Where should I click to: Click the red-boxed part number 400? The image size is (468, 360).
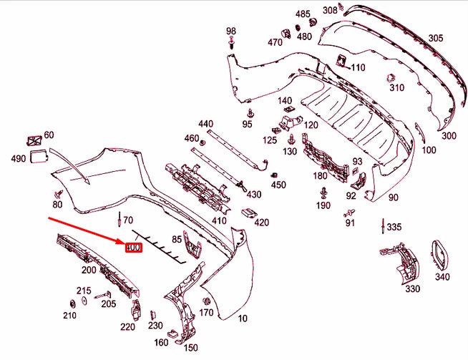click(134, 248)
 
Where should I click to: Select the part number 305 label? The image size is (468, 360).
click(435, 38)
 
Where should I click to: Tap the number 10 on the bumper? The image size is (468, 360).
click(243, 318)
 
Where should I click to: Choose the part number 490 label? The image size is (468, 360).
click(17, 158)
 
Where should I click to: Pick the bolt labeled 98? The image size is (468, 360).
click(231, 44)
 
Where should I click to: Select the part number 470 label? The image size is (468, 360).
click(276, 42)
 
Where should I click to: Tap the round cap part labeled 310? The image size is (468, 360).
click(391, 77)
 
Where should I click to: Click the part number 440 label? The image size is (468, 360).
click(206, 125)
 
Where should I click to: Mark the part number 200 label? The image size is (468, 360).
click(89, 271)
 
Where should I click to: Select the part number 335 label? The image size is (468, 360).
click(394, 228)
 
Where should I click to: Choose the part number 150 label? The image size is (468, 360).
click(191, 348)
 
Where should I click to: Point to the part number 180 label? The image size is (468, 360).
click(320, 175)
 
